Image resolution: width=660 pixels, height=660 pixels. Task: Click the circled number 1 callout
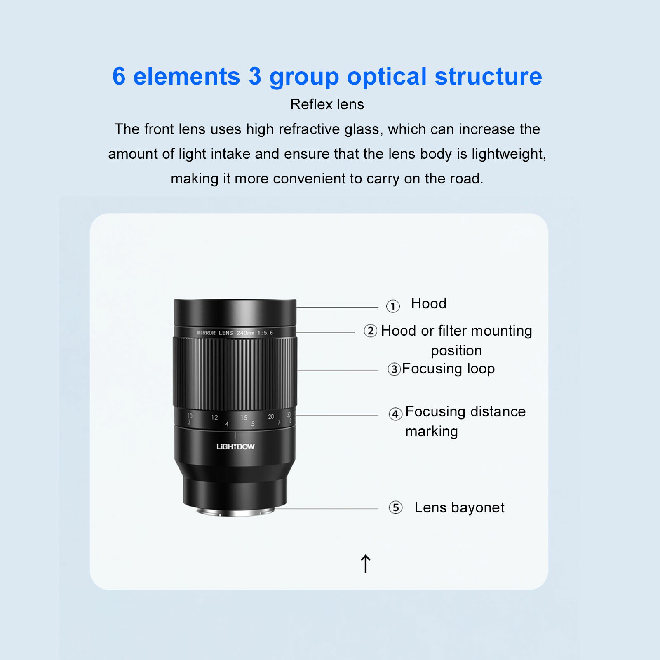tap(393, 306)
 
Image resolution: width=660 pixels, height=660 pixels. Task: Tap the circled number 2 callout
tap(370, 331)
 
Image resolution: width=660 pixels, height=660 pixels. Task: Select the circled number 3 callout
tap(394, 369)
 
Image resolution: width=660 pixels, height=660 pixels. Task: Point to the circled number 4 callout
tap(396, 413)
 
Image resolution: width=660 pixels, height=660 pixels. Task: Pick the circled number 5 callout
tap(396, 507)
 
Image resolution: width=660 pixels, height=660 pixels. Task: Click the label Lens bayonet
tap(459, 507)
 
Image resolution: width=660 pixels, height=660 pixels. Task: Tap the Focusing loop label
tap(448, 369)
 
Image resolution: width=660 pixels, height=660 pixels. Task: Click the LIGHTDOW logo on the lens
tap(235, 446)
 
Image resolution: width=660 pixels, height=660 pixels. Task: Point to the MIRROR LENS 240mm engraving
tap(234, 333)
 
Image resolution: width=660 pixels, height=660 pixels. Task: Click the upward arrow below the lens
tap(366, 564)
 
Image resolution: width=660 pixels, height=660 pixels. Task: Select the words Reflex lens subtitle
tap(327, 104)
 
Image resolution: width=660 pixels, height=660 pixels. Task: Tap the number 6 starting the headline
tap(119, 76)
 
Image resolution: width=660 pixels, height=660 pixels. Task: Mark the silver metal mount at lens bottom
tap(235, 512)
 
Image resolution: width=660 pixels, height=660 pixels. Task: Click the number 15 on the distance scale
tap(244, 418)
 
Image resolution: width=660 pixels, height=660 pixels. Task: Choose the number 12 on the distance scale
tap(214, 417)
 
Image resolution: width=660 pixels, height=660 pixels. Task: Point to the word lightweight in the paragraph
tap(508, 154)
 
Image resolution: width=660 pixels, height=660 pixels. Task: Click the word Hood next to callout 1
tap(429, 304)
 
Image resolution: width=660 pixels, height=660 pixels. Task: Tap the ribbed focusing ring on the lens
tap(235, 373)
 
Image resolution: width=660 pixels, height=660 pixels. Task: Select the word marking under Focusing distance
tap(432, 431)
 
